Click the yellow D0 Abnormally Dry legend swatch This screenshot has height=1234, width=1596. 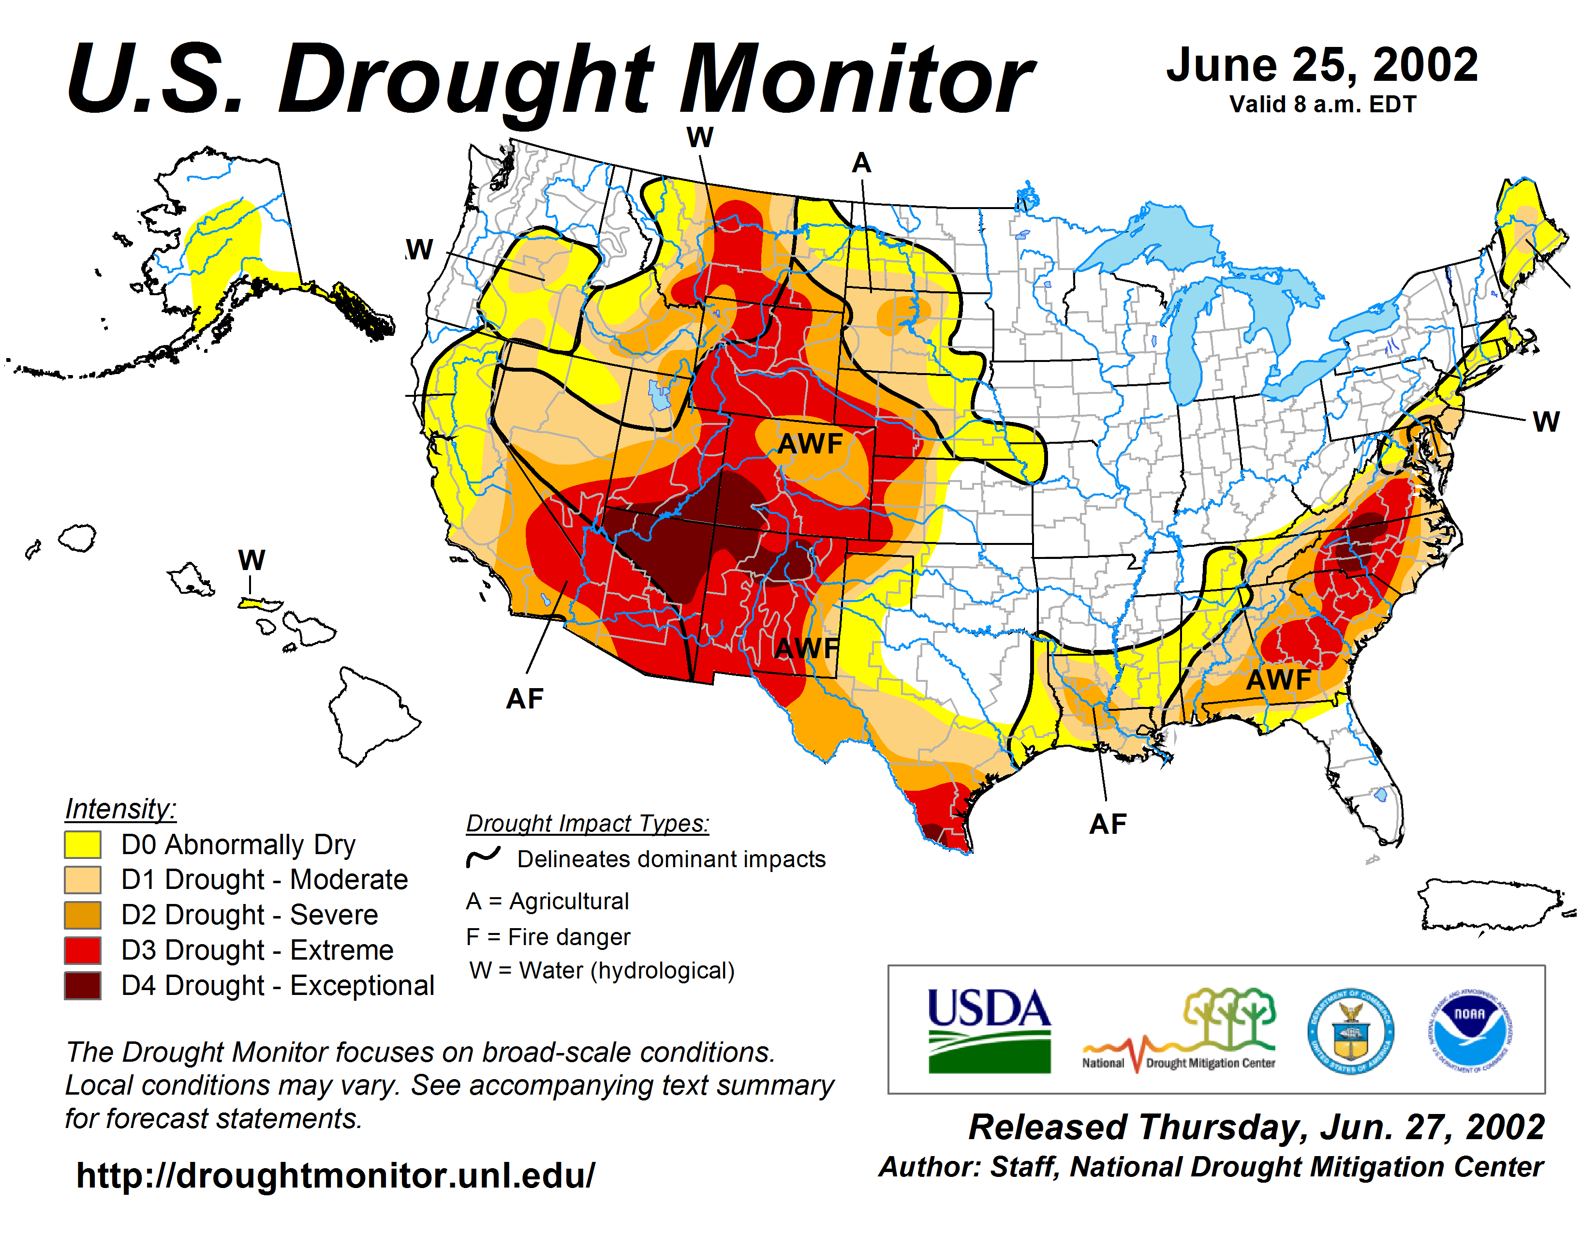[83, 844]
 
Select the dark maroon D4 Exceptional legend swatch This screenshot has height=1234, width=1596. [83, 985]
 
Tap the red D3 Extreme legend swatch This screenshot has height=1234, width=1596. [83, 950]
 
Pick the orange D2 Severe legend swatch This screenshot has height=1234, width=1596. [83, 915]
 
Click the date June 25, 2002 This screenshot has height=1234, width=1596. [1322, 66]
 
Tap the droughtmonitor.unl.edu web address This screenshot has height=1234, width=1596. [336, 1175]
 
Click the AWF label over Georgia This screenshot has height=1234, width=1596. [1278, 680]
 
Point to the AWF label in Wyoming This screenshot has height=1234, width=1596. [810, 443]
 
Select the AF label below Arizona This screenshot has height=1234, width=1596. [525, 699]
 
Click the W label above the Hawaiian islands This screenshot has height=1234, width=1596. [251, 561]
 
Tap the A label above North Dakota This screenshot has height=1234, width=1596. [861, 163]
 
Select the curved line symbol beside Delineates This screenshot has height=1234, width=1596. [483, 858]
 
